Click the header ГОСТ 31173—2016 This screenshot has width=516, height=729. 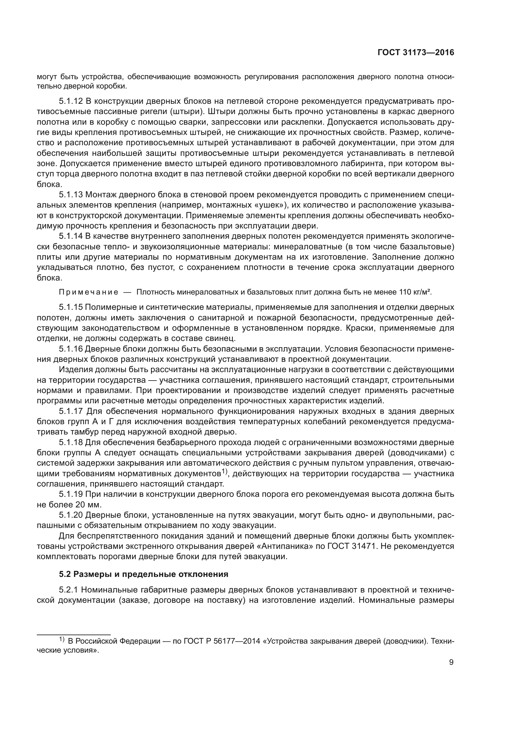(416, 53)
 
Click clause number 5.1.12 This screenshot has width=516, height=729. (71, 101)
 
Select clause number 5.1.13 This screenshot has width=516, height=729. (71, 195)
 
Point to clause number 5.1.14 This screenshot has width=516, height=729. (71, 237)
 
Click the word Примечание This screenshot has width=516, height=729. (89, 292)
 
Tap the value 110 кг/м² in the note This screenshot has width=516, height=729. (415, 292)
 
